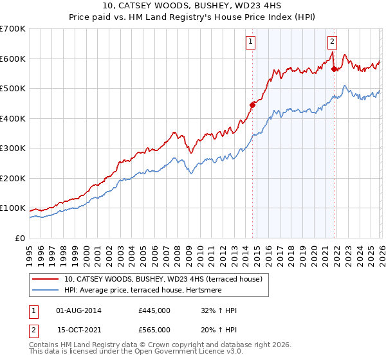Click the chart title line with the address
pyautogui.click(x=192, y=6)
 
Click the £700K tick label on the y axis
pyautogui.click(x=13, y=29)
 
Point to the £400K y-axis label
pyautogui.click(x=13, y=118)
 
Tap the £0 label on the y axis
pyautogui.click(x=21, y=238)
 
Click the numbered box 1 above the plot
pyautogui.click(x=250, y=42)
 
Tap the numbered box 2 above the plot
pyautogui.click(x=332, y=42)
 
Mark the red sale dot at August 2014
pyautogui.click(x=252, y=105)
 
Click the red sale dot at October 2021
pyautogui.click(x=334, y=69)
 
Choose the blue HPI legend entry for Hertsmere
pyautogui.click(x=152, y=291)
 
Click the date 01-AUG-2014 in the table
pyautogui.click(x=79, y=310)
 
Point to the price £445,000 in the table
pyautogui.click(x=154, y=310)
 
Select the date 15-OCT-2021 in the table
pyautogui.click(x=79, y=329)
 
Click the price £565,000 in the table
pyautogui.click(x=154, y=329)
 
